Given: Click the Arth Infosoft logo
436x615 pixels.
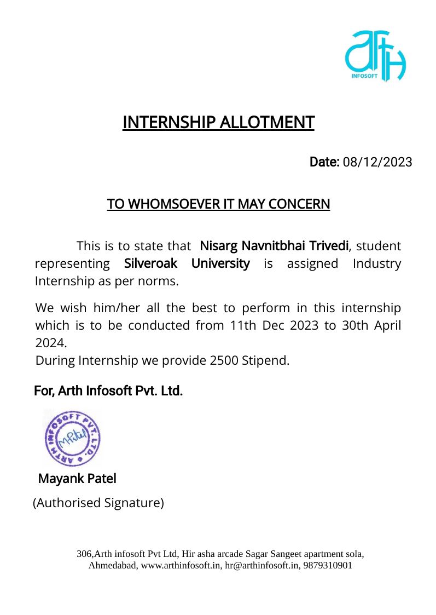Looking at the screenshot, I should [375, 56].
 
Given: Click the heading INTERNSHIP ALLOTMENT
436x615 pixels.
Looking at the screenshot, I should [218, 122].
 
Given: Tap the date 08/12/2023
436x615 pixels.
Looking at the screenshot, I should [377, 163].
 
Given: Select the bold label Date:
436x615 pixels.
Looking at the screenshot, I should [325, 163].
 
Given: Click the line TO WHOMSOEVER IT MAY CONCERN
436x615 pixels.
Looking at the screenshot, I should [218, 204].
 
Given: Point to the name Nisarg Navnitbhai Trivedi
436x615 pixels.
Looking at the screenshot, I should [274, 245].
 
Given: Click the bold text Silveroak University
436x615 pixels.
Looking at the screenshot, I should [187, 263].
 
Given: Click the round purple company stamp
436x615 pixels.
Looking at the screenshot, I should [73, 439].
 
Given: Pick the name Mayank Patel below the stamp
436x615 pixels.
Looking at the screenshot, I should [77, 479].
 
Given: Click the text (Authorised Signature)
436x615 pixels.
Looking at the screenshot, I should [98, 503].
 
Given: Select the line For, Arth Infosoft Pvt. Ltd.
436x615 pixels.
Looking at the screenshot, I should [108, 391].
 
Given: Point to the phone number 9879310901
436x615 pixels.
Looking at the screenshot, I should [328, 566].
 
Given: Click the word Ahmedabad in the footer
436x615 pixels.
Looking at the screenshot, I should [113, 566].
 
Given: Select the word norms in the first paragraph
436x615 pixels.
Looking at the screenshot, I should [159, 282].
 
